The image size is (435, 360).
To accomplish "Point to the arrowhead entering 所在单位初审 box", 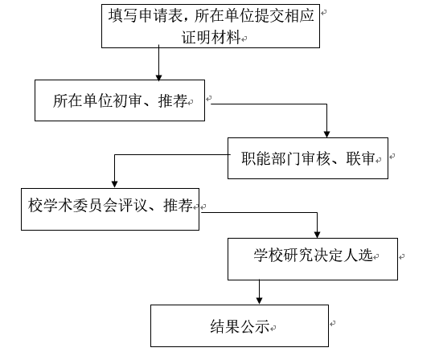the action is pos(158,77).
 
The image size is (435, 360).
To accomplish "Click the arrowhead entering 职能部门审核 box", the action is pos(326,134).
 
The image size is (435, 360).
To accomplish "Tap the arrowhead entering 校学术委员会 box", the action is pos(114,185).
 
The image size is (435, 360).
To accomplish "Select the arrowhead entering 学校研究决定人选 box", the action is pos(317,235).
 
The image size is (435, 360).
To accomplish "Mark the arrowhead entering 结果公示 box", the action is pos(260,301).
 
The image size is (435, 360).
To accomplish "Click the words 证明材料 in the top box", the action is pos(211,37).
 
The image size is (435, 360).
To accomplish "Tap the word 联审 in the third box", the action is pos(361,158).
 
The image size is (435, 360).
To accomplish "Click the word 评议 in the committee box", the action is pos(133,206).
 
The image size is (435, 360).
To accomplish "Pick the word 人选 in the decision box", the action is pos(358,255).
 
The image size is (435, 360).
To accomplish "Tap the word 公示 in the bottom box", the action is pos(255,326).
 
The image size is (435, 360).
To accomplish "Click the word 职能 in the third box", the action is pos(256,158).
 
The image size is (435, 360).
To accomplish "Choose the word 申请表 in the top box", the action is pos(160,15).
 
